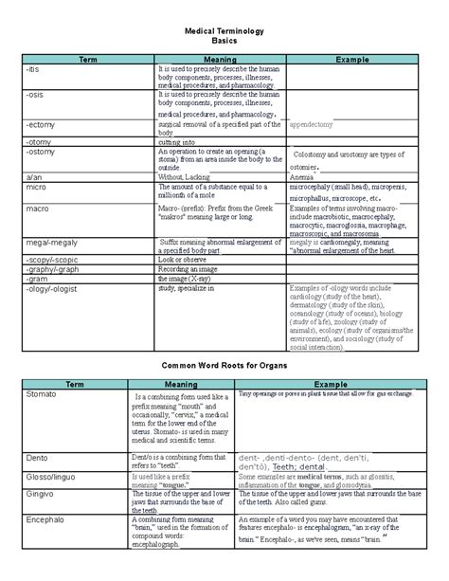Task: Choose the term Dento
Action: [37, 456]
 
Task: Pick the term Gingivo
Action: [42, 495]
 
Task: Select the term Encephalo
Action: [48, 522]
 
